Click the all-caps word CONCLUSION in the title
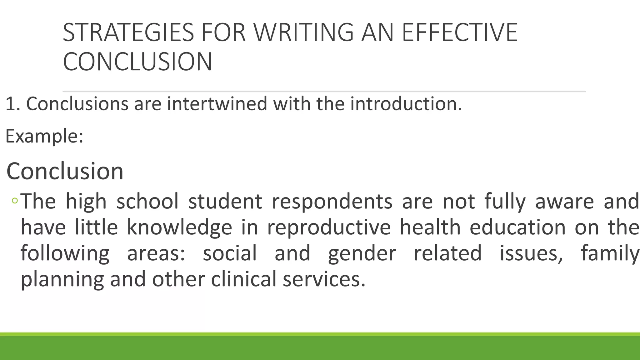137,62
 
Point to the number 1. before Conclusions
12,104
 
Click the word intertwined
217,104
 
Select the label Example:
44,136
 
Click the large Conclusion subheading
65,171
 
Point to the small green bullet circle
14,201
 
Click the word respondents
332,201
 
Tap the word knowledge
179,227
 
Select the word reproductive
329,227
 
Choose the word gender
362,253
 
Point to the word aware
564,201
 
